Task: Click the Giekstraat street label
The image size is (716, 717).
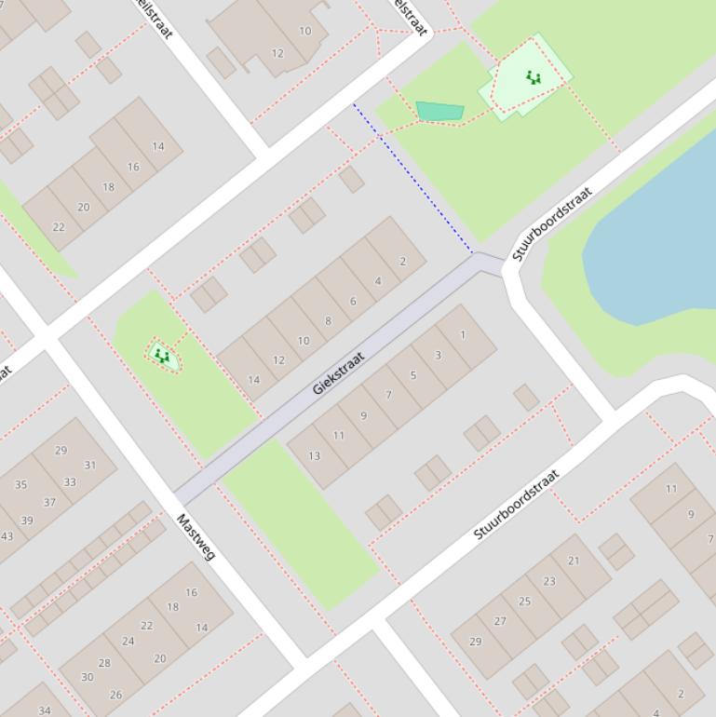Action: click(x=338, y=372)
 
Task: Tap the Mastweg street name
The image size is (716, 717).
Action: click(x=196, y=538)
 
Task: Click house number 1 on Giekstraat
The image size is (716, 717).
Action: click(x=463, y=335)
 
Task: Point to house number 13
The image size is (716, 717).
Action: click(x=315, y=455)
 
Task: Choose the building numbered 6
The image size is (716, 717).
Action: click(x=353, y=301)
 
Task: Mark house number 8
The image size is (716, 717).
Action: click(x=328, y=321)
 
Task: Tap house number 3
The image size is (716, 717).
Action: click(x=438, y=355)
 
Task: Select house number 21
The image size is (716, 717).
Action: click(x=574, y=561)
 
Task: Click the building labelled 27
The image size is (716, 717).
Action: click(x=500, y=621)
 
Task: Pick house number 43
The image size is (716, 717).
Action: click(x=7, y=535)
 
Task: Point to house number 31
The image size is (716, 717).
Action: click(x=90, y=465)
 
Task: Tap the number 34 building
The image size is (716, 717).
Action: click(x=44, y=710)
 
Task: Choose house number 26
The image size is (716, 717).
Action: click(x=116, y=695)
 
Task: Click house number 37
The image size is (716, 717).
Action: click(x=49, y=502)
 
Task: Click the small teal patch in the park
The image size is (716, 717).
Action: click(x=439, y=112)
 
